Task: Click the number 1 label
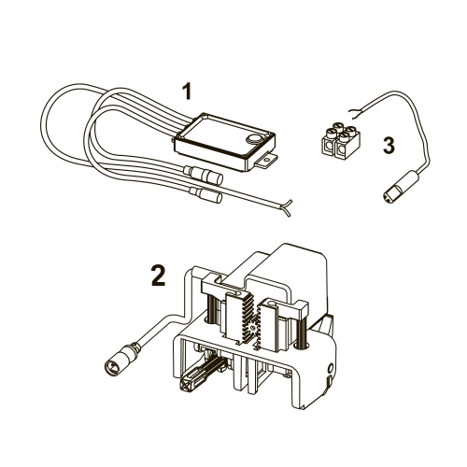[x=187, y=92]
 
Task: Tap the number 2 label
[x=159, y=275]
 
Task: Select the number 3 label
[x=389, y=146]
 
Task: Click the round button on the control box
[x=255, y=139]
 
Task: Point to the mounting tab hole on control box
[x=266, y=161]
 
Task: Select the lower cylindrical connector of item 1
[x=205, y=194]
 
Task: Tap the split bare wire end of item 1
[x=286, y=207]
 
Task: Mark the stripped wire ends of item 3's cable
[x=354, y=114]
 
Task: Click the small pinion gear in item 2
[x=254, y=327]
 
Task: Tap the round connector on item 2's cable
[x=119, y=359]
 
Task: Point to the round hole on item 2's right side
[x=331, y=367]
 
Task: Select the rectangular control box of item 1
[x=225, y=142]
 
